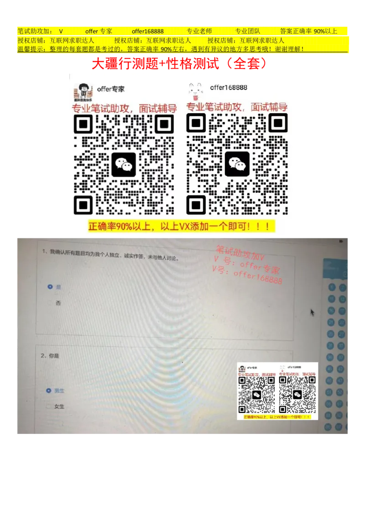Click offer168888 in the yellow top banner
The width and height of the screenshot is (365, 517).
coord(147,32)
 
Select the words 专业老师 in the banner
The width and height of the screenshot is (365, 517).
coord(199,32)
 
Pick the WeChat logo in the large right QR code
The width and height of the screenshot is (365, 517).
coord(237,164)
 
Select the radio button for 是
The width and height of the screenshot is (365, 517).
coord(50,287)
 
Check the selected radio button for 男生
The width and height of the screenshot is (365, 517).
coord(49,391)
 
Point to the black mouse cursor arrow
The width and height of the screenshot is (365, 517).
coord(313,312)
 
